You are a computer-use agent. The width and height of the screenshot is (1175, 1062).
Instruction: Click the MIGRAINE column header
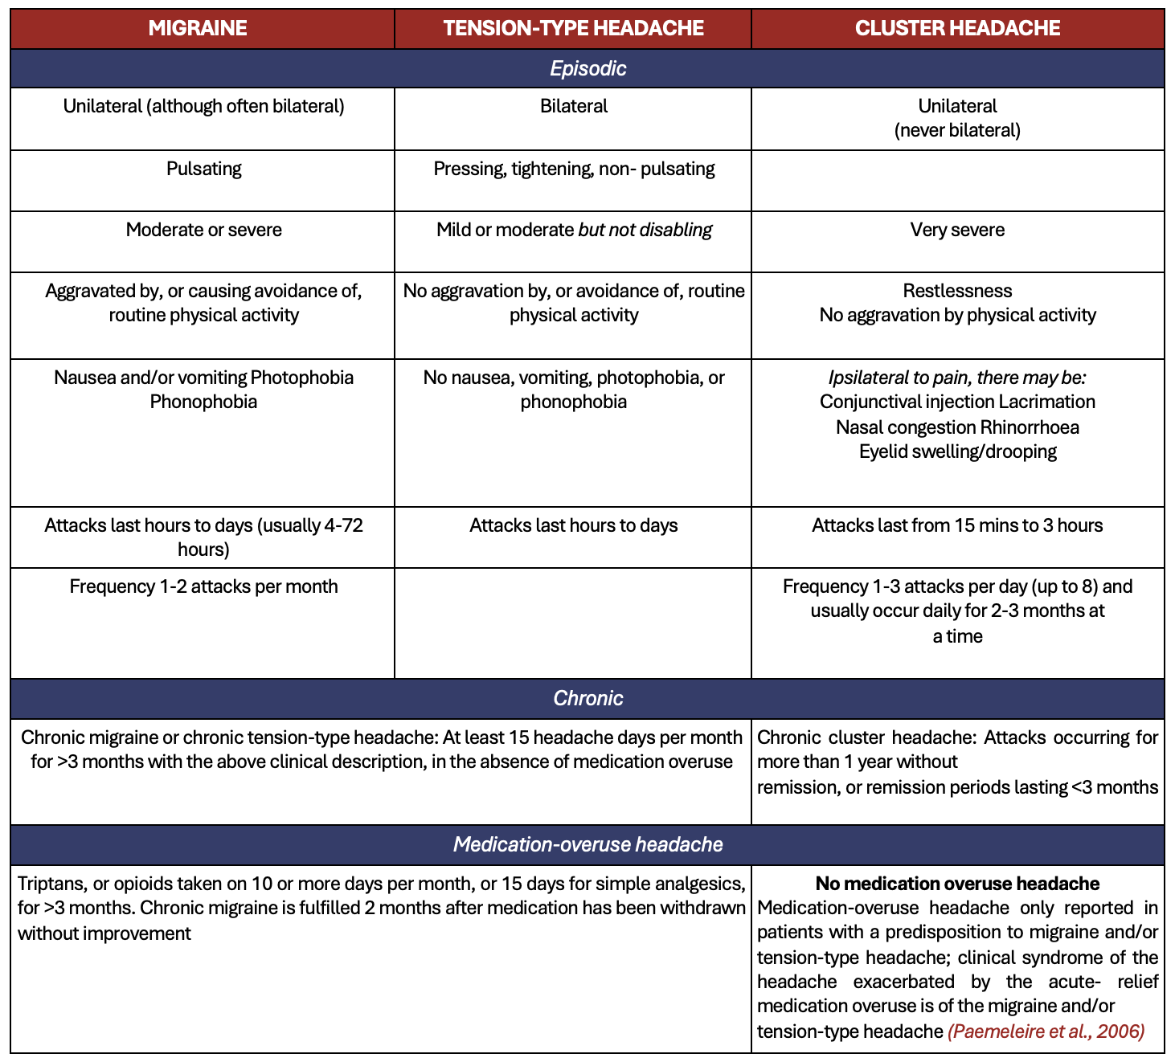(x=198, y=28)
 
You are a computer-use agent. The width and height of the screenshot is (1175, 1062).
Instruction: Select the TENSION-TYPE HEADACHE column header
(x=573, y=28)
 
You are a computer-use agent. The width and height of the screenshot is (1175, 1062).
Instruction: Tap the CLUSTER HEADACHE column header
(x=957, y=28)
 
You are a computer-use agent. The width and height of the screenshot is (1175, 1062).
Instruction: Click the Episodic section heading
(x=587, y=68)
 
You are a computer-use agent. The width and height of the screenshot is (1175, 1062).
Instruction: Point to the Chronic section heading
(x=587, y=698)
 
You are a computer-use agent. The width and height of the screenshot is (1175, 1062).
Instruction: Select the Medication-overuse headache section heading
(x=587, y=844)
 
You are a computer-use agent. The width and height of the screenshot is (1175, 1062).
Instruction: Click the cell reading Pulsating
(x=203, y=169)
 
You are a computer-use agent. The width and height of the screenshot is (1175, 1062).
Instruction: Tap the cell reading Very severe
(x=957, y=230)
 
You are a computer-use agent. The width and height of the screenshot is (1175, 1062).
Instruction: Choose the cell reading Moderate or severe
(x=203, y=230)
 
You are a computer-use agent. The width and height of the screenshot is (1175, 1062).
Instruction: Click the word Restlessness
(x=957, y=291)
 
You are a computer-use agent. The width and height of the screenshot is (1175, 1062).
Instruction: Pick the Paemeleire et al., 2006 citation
(x=1046, y=1031)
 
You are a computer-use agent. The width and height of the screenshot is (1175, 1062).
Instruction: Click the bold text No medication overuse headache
(x=957, y=884)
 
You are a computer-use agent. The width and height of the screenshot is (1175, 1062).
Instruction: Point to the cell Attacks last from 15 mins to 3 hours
(x=957, y=525)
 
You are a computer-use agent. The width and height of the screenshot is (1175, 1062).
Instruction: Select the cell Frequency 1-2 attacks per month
(x=203, y=586)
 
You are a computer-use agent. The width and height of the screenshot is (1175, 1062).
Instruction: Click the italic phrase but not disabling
(x=645, y=230)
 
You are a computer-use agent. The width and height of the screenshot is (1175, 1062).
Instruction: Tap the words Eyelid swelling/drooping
(x=957, y=451)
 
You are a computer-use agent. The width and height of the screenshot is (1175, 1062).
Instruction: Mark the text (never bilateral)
(x=957, y=130)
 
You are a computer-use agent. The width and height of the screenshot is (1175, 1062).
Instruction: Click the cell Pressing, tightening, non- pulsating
(x=573, y=169)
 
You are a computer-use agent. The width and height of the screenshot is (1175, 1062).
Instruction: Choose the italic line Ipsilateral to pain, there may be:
(x=957, y=378)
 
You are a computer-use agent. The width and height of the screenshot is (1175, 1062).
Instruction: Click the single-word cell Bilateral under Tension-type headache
(x=573, y=106)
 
